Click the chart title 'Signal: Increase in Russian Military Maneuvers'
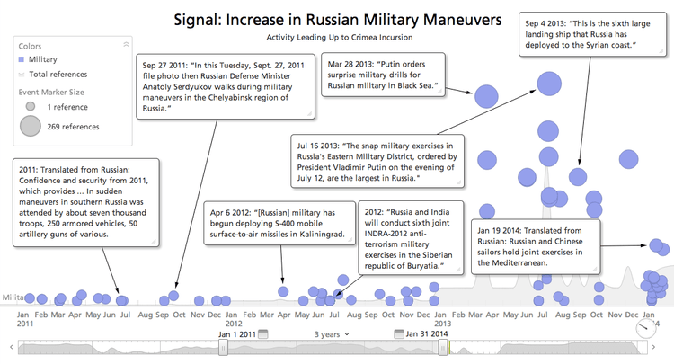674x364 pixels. pos(337,19)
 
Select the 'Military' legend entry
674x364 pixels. pos(44,59)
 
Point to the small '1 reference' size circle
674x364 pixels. pos(31,106)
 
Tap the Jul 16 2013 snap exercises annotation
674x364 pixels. pos(383,160)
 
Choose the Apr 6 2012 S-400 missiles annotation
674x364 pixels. pos(279,223)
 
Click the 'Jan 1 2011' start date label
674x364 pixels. pos(238,333)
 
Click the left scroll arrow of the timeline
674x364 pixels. pos(11,347)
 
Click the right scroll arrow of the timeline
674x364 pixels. pos(664,347)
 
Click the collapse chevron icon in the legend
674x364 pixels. pos(125,43)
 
